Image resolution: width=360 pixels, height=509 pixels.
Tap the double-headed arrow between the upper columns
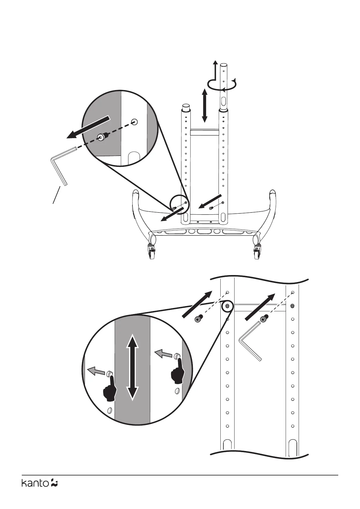[x=205, y=105]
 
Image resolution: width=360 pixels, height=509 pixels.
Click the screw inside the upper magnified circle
[x=101, y=137]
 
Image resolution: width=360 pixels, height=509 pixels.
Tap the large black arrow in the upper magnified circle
[x=88, y=127]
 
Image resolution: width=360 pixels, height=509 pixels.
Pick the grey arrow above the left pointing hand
[x=95, y=371]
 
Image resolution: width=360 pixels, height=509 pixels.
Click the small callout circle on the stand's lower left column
[x=179, y=205]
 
